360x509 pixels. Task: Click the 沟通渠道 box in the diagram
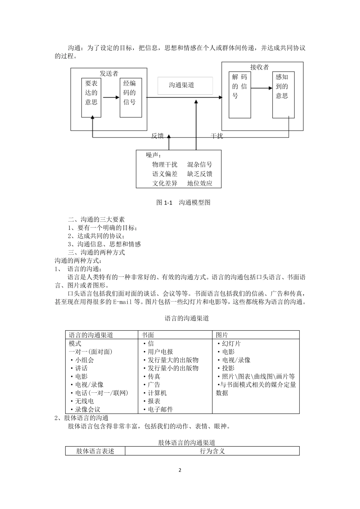click(185, 86)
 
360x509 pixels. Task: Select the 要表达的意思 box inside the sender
click(91, 97)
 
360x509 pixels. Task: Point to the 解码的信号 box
click(239, 94)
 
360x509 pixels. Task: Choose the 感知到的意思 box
click(283, 94)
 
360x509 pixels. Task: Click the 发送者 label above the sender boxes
click(109, 73)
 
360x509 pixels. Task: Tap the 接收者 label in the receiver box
click(260, 67)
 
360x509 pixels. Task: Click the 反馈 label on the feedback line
click(158, 136)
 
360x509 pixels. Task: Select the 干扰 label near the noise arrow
click(217, 136)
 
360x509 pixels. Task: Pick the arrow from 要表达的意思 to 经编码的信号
click(111, 97)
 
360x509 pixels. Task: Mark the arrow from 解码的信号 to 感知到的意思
click(261, 88)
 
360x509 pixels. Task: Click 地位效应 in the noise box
click(200, 183)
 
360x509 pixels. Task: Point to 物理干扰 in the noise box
click(165, 164)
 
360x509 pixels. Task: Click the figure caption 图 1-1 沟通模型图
click(183, 203)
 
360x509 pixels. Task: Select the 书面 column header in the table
click(148, 335)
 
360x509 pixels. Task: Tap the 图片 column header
click(222, 335)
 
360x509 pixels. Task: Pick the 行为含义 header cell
click(212, 451)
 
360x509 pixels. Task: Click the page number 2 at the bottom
click(180, 470)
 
